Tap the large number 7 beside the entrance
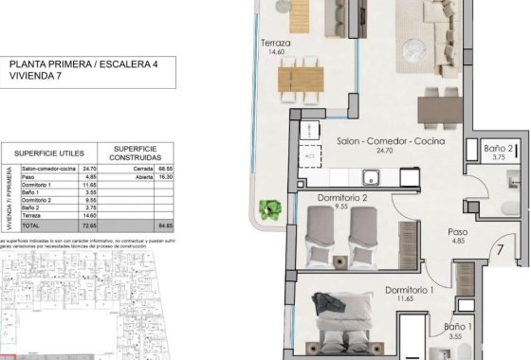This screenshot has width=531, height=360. pyautogui.click(x=499, y=251)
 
